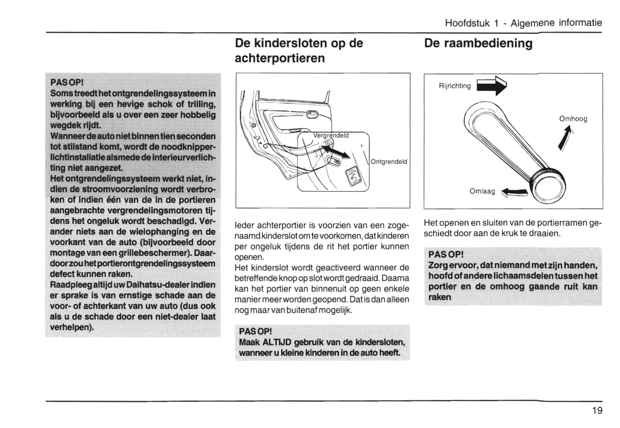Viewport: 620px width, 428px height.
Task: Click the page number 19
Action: point(597,410)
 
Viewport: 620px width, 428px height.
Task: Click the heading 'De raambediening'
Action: point(478,43)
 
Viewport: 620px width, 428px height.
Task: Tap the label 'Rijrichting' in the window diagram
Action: point(454,86)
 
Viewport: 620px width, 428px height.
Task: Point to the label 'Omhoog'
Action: point(573,119)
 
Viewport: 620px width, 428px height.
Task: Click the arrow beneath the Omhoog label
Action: point(566,138)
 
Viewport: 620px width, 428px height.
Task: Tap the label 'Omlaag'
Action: point(482,191)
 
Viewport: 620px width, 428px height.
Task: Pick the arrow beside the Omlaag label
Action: point(514,193)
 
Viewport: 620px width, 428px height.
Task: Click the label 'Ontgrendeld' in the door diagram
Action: point(389,162)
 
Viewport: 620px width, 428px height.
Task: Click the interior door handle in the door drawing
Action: point(311,114)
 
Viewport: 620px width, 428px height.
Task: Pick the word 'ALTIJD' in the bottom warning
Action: point(277,342)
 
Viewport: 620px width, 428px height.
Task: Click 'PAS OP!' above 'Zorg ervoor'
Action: point(446,255)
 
